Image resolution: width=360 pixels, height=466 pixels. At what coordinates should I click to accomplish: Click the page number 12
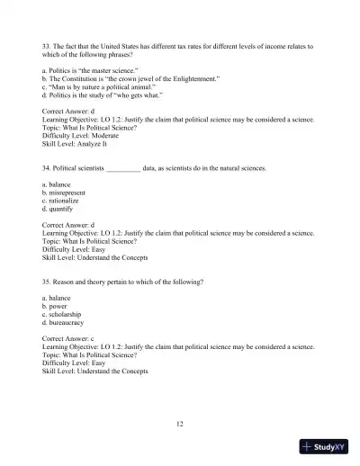tap(180, 422)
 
